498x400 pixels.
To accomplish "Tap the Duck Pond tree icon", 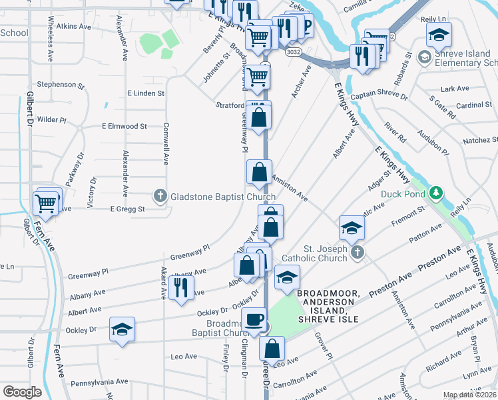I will pos(436,193).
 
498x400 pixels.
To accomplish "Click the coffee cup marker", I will pos(254,321).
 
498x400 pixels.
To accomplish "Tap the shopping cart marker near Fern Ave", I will pos(46,203).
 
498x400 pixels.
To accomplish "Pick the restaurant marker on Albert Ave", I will pos(180,287).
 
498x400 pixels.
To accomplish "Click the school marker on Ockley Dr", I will pos(121,329).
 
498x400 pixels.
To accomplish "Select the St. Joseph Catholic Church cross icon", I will pos(358,251).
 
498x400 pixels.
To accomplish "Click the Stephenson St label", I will pos(61,85).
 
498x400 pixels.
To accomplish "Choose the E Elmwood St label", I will pos(124,126).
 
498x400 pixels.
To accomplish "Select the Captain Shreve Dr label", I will pos(379,95).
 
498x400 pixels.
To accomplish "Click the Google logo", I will pos(23,392).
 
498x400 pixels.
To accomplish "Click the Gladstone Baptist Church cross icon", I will pos(160,197).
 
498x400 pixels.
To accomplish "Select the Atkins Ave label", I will pos(73,27).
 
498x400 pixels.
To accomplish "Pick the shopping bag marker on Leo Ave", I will pos(272,348).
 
